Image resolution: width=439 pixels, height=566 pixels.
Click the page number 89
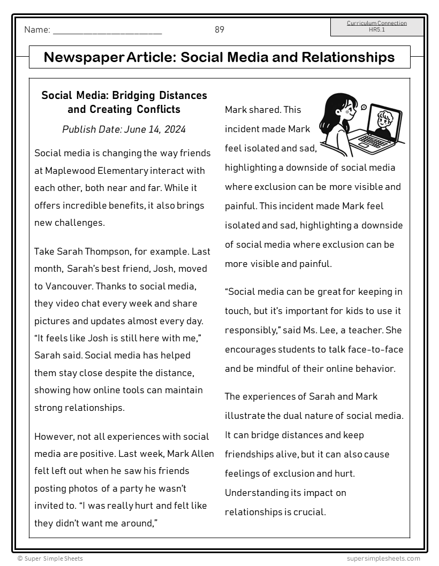219,30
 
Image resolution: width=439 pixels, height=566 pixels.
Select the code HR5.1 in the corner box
376,30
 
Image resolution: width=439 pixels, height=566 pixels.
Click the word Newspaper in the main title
83,57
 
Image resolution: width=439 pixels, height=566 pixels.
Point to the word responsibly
249,331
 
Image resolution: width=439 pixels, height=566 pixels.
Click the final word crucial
306,513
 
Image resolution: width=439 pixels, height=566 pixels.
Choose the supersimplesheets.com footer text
383,559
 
